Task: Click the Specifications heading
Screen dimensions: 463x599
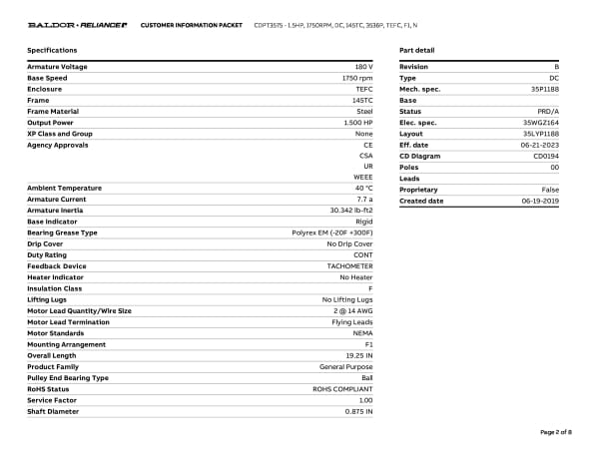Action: pos(52,50)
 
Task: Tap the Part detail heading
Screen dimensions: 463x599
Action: pos(416,50)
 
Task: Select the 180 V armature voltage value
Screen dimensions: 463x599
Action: pos(363,67)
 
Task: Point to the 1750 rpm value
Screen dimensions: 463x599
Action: pos(357,78)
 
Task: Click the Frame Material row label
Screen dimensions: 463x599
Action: pos(53,111)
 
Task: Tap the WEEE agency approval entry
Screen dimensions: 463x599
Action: pos(363,177)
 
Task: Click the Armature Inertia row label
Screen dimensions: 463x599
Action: pos(57,211)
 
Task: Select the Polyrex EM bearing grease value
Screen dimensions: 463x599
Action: pos(325,232)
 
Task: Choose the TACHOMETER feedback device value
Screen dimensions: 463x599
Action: pos(350,266)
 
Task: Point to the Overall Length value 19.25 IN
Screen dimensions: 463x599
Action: pos(359,355)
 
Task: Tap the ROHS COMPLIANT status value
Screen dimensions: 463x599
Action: pos(343,389)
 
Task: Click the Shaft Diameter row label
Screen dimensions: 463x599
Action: pos(51,411)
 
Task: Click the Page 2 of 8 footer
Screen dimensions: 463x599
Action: pos(556,432)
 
